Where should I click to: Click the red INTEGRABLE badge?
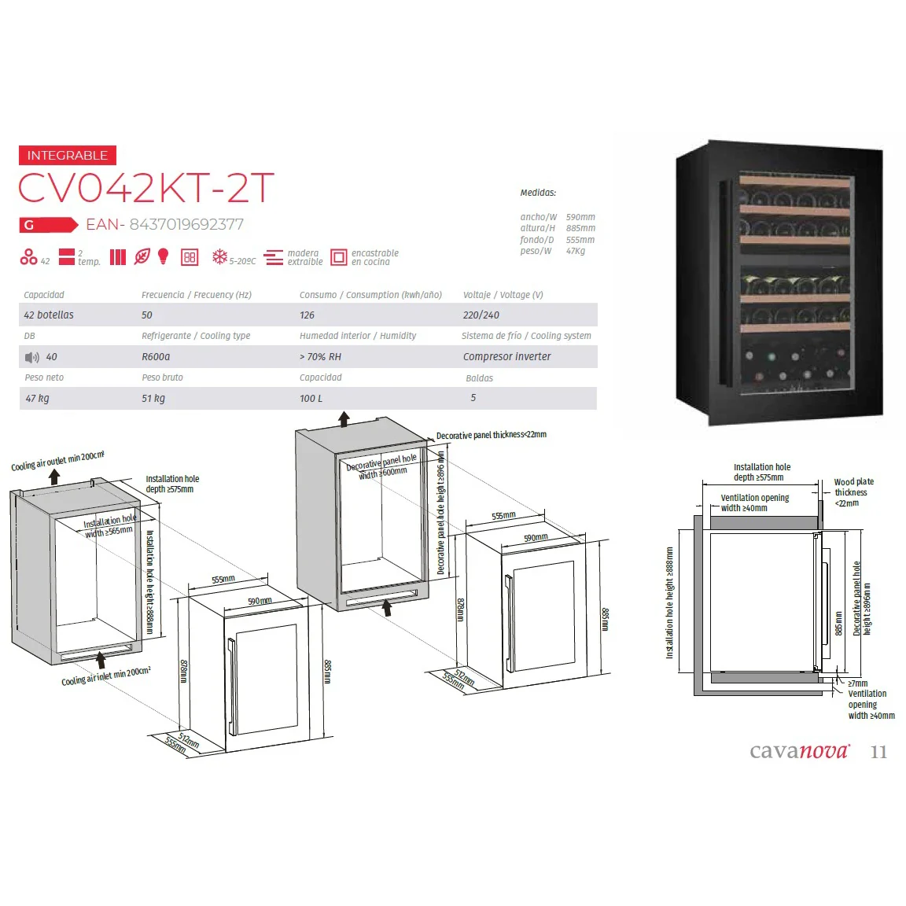pos(68,155)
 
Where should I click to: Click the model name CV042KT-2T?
pos(145,188)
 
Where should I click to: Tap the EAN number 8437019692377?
pos(186,224)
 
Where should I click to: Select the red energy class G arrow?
pos(49,225)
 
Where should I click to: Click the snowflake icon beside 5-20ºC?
pos(219,257)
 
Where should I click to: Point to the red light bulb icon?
pos(164,256)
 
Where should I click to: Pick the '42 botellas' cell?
pos(49,315)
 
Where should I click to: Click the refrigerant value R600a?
pos(156,357)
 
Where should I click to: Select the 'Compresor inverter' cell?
pos(506,357)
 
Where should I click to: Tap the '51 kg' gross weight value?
pos(153,398)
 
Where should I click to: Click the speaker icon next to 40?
pos(31,358)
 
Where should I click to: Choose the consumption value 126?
pos(307,315)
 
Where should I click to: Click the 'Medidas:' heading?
pos(538,193)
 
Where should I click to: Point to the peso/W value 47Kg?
pos(576,251)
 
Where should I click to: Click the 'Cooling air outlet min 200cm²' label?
pos(57,461)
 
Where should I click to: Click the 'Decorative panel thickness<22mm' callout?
pos(491,434)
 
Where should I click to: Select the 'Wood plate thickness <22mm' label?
pos(853,492)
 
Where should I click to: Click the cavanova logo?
pos(800,750)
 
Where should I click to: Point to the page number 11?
pos(878,752)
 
